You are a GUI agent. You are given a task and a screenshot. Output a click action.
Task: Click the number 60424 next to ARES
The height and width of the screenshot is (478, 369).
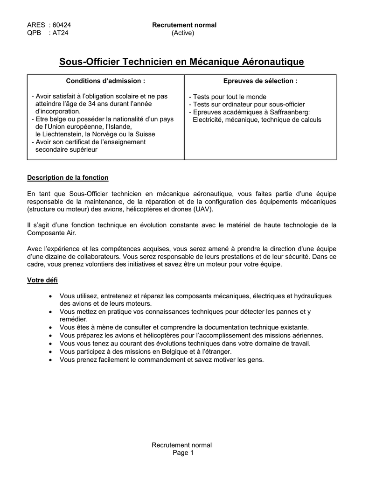click(62, 25)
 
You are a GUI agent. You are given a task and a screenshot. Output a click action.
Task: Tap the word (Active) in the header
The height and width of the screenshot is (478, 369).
click(183, 33)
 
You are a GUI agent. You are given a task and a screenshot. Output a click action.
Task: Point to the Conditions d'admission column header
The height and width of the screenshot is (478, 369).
click(105, 81)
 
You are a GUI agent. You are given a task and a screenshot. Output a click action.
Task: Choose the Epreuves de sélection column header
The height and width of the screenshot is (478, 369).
click(260, 81)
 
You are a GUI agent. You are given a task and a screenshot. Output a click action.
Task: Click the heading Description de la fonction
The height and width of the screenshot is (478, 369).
click(68, 177)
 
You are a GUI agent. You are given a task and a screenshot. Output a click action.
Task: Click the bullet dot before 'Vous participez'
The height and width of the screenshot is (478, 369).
click(50, 351)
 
